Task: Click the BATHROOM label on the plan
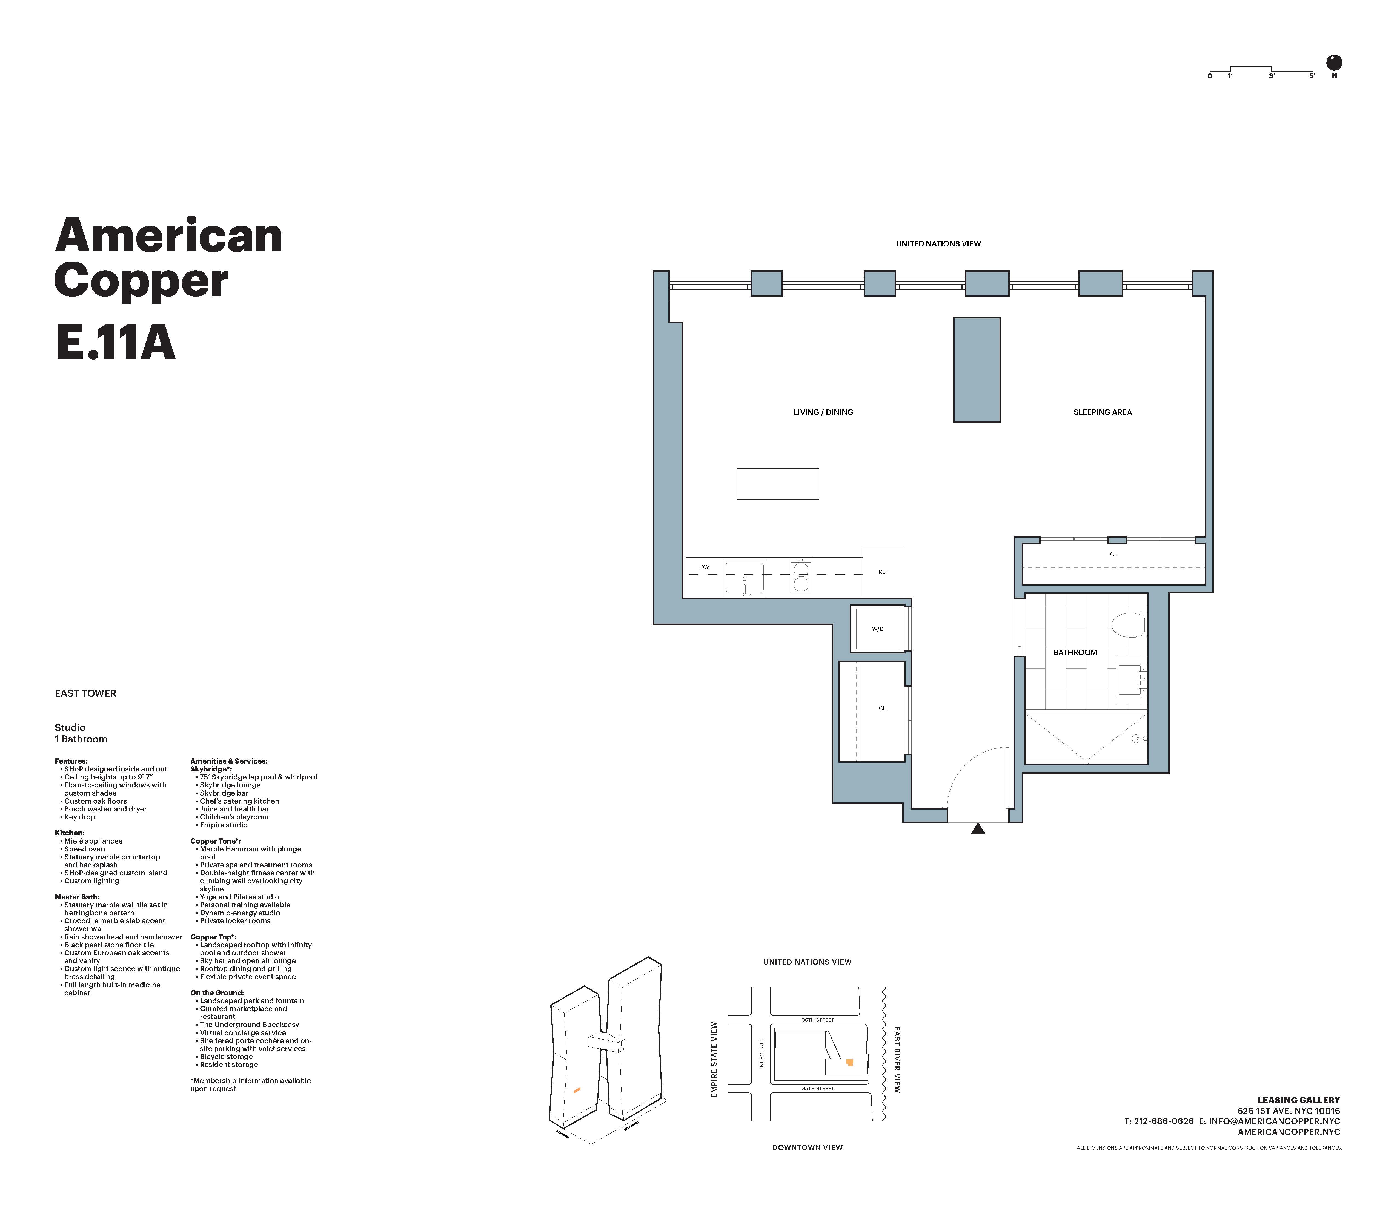(x=1075, y=652)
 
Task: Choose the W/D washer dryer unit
(x=877, y=629)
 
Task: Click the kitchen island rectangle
(x=777, y=484)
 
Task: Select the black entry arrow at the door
(x=978, y=829)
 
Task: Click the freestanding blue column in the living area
(x=976, y=369)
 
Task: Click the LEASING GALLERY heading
(x=1299, y=1100)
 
